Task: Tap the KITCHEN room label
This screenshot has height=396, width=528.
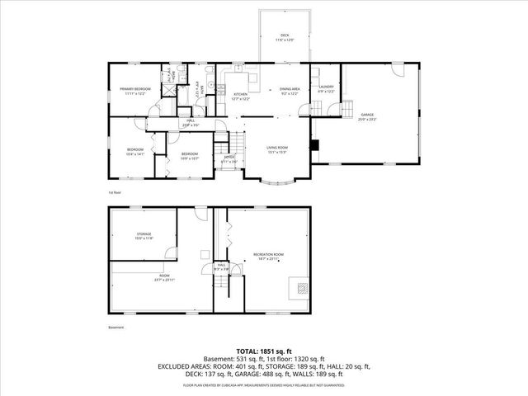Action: (x=241, y=94)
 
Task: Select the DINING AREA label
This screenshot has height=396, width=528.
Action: (x=289, y=88)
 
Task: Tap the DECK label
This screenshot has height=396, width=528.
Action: (x=285, y=35)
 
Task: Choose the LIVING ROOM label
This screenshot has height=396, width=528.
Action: (x=276, y=149)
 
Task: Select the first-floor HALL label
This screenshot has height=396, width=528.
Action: (x=190, y=122)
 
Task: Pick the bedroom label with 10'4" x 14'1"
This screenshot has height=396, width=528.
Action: (x=135, y=149)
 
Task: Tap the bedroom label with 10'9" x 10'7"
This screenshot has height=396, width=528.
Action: (x=190, y=154)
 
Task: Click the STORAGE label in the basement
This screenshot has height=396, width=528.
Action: (x=144, y=235)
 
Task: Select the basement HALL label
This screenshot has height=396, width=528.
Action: (x=221, y=266)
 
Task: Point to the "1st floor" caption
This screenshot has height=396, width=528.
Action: (x=114, y=192)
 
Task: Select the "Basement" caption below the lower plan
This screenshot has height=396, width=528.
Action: (x=115, y=327)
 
